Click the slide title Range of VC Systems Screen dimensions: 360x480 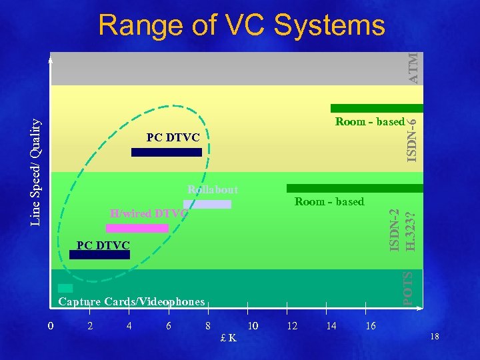241,26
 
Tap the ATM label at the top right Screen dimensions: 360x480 414,68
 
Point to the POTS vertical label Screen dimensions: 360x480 411,287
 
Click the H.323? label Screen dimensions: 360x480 411,231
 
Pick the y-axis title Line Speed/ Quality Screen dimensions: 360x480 37,172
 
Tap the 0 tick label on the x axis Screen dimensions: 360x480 51,326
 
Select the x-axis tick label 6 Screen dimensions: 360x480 169,326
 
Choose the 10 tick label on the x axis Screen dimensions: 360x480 253,326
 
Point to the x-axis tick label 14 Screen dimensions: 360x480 331,326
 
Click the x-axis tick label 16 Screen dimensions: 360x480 371,326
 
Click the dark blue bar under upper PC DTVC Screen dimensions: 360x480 166,152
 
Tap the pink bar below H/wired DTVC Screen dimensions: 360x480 137,228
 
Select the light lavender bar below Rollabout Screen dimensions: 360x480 207,204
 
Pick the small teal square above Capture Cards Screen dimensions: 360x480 65,288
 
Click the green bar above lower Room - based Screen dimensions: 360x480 355,188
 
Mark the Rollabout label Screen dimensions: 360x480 213,190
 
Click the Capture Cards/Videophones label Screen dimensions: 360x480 131,302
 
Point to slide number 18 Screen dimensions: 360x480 435,338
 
